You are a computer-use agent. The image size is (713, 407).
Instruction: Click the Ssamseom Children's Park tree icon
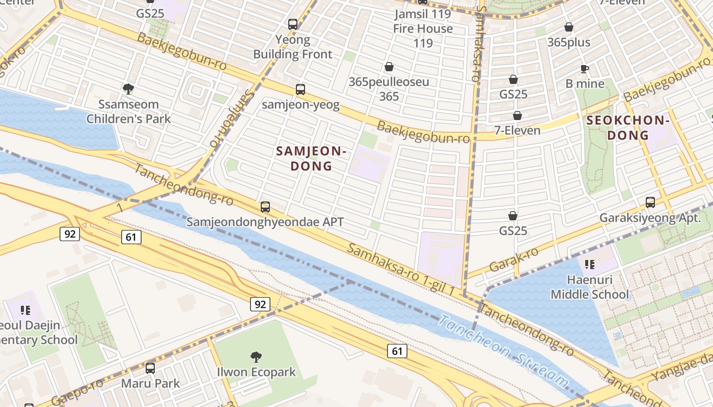(x=128, y=89)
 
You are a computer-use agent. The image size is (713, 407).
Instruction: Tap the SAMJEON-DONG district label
(x=311, y=158)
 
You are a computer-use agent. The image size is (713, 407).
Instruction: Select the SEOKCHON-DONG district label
(x=627, y=128)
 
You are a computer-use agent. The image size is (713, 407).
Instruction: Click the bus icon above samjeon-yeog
(x=300, y=90)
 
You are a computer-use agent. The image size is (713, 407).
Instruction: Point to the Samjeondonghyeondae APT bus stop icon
(x=265, y=207)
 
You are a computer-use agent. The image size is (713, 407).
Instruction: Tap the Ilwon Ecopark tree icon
(x=256, y=357)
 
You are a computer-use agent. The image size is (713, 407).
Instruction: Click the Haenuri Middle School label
(x=590, y=287)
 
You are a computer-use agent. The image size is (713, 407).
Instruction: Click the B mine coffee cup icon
(x=585, y=69)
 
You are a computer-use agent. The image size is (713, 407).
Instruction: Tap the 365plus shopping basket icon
(x=568, y=27)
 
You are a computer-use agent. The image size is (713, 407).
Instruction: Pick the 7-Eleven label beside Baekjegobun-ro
(x=517, y=131)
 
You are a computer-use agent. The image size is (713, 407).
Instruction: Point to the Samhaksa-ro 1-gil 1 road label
(x=401, y=269)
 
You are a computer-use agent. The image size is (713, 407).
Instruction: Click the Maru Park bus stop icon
(x=150, y=368)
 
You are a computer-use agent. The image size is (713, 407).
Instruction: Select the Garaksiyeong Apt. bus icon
(x=650, y=202)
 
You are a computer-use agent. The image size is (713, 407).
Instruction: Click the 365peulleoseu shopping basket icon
(x=389, y=67)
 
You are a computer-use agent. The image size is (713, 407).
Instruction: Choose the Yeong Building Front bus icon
(x=292, y=24)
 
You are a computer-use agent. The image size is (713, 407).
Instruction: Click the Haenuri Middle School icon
(x=589, y=265)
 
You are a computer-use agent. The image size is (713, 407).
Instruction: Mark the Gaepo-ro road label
(x=76, y=392)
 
